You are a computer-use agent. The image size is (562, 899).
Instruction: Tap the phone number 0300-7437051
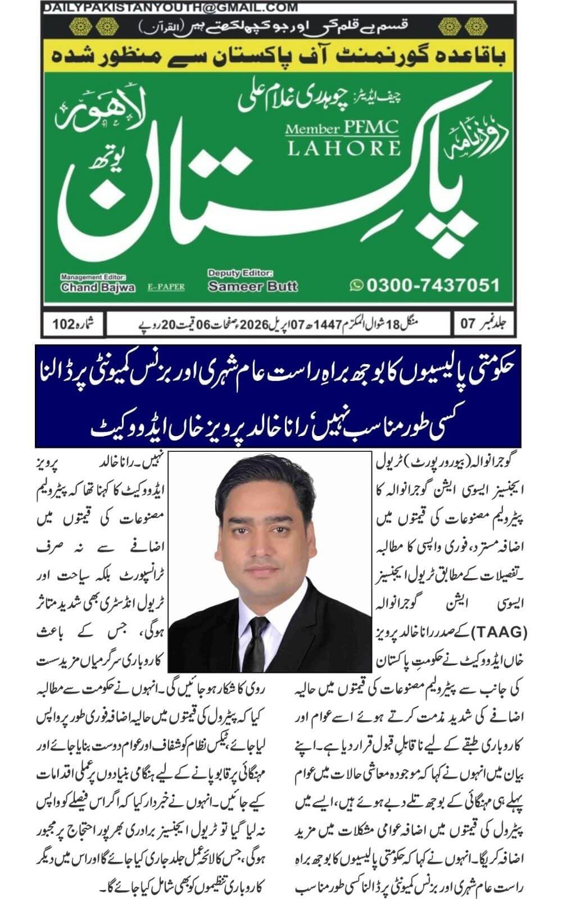pyautogui.click(x=432, y=285)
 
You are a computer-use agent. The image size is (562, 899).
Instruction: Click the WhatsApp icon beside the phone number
pyautogui.click(x=356, y=285)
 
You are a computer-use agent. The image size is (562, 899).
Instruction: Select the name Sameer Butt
pyautogui.click(x=252, y=286)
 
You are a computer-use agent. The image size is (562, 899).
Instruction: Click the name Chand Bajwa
pyautogui.click(x=98, y=287)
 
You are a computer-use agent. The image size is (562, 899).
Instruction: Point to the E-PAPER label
pyautogui.click(x=166, y=287)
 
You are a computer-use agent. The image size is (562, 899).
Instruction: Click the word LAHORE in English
pyautogui.click(x=344, y=148)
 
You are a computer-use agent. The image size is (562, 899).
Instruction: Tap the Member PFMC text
pyautogui.click(x=342, y=129)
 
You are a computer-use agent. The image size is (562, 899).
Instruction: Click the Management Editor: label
pyautogui.click(x=93, y=277)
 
